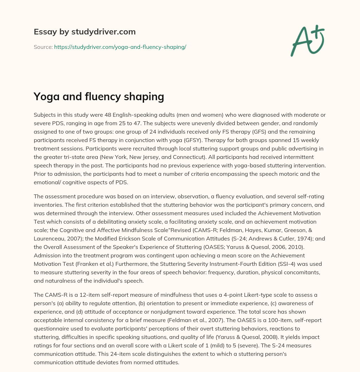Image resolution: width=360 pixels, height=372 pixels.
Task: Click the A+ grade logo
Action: click(307, 40)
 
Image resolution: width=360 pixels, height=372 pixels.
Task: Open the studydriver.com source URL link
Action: click(120, 47)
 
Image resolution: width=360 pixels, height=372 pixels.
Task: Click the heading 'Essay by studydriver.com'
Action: click(84, 32)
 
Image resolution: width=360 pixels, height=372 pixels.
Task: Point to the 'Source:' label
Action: click(43, 47)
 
